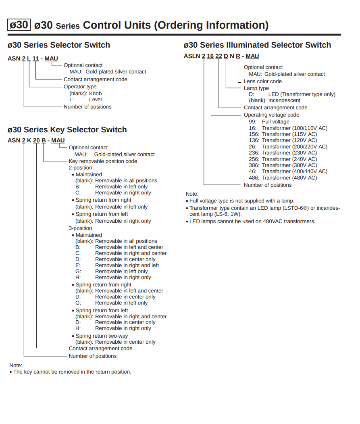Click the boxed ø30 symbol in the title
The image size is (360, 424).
tap(19, 25)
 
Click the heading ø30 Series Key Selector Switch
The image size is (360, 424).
tap(67, 129)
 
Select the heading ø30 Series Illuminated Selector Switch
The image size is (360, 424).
tap(257, 45)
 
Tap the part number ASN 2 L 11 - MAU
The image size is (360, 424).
tap(33, 58)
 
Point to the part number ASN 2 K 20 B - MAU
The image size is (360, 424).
tap(36, 140)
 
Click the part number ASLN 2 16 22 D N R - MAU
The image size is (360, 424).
tap(221, 56)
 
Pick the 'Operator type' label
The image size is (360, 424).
tap(80, 86)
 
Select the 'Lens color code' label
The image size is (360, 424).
tap(262, 81)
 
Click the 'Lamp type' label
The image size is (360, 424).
tap(256, 88)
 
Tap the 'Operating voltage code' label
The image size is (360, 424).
tap(271, 115)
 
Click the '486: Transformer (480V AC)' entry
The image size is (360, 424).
tap(283, 178)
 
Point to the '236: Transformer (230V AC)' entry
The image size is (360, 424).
tap(283, 152)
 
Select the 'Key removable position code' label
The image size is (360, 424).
tap(103, 161)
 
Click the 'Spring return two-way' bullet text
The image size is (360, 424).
tap(102, 336)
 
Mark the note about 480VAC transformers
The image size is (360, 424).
tap(252, 221)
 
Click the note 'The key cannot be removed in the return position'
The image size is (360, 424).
tap(72, 372)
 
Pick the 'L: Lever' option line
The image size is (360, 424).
tap(86, 99)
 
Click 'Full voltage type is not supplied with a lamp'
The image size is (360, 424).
tap(241, 201)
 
